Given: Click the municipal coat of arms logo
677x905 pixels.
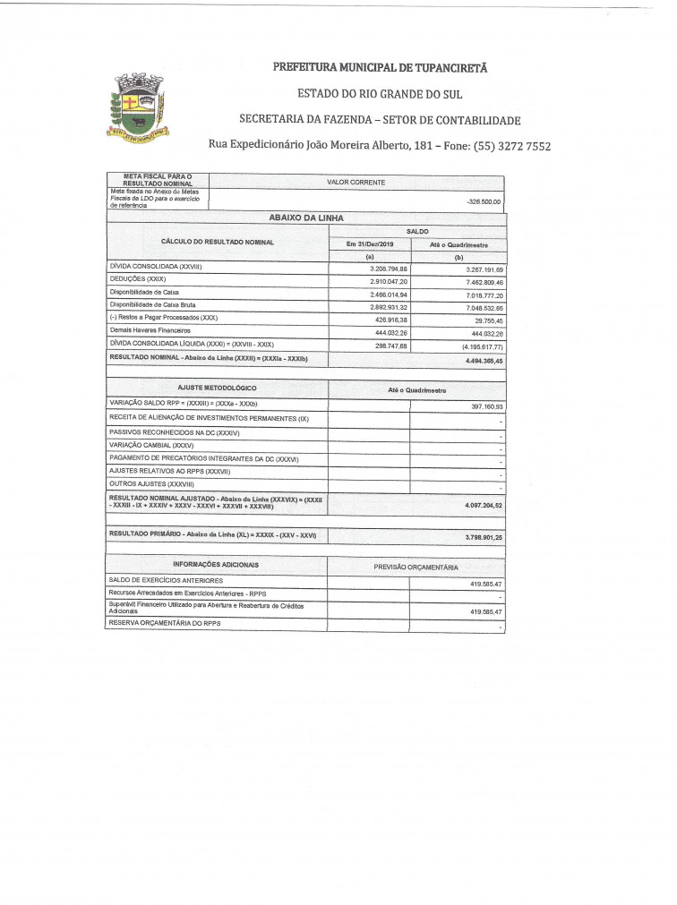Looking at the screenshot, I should [x=138, y=107].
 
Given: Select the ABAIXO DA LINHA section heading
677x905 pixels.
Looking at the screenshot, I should [x=305, y=218].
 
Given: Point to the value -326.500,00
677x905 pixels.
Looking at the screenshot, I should [x=484, y=201].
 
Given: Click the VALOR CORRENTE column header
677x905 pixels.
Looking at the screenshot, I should [x=356, y=182].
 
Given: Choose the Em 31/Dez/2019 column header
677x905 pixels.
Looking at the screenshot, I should [x=369, y=243].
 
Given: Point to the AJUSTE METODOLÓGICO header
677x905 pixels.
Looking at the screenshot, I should [x=217, y=388].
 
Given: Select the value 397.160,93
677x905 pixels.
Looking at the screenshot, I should [x=484, y=406].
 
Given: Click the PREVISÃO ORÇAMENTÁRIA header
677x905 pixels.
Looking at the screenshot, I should [x=416, y=567].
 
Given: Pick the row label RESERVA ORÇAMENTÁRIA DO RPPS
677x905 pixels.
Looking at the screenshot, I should [x=164, y=623].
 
